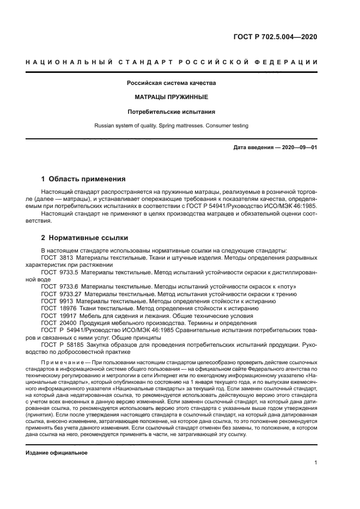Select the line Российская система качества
[172, 83]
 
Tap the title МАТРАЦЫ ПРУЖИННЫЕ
[172, 97]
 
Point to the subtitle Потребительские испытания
[172, 112]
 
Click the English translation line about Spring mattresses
[172, 126]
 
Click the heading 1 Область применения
[84, 179]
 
